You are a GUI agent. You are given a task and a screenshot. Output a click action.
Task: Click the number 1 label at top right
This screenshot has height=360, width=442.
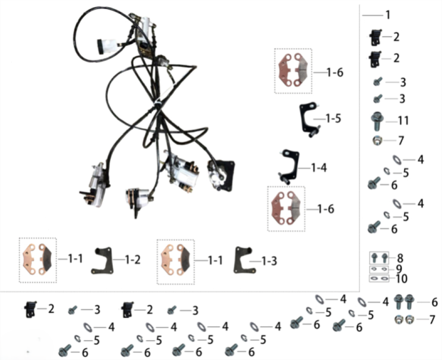point(388,15)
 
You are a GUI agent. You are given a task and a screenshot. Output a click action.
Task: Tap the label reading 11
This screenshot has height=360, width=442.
point(404,121)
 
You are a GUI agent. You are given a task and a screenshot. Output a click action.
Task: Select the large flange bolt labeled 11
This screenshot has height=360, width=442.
point(377,121)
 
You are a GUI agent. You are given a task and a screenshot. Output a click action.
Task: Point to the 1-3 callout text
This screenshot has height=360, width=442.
point(269,261)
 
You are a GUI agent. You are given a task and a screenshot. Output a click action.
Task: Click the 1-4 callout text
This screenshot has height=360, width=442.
point(319,168)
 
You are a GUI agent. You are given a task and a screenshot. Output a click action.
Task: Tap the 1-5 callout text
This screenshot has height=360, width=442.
point(333,118)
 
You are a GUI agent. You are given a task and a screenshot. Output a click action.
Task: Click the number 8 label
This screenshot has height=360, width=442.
point(400,258)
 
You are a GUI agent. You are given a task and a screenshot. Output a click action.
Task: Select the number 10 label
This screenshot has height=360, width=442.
point(402,279)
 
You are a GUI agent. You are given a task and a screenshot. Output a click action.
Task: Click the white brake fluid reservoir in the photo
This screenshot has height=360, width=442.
point(107,45)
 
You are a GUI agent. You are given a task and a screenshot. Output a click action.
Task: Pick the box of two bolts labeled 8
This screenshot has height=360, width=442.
point(379,258)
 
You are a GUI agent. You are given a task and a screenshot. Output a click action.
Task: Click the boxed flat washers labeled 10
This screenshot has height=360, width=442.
point(379,279)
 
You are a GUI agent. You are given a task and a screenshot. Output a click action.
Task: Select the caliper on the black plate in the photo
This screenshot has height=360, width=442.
point(221,175)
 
